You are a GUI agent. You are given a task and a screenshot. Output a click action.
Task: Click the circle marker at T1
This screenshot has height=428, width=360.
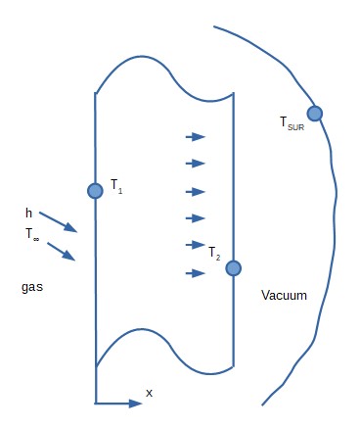pyautogui.click(x=95, y=191)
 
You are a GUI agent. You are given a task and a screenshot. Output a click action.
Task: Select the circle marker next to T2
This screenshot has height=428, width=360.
pyautogui.click(x=233, y=267)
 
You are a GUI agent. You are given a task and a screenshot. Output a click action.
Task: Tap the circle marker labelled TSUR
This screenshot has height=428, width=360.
pyautogui.click(x=315, y=113)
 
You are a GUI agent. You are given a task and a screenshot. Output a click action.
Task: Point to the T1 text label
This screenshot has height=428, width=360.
pyautogui.click(x=116, y=189)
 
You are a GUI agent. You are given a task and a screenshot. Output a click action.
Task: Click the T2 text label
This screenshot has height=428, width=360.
pyautogui.click(x=214, y=255)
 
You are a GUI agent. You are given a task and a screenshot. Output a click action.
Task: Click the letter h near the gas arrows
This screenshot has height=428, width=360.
pyautogui.click(x=29, y=213)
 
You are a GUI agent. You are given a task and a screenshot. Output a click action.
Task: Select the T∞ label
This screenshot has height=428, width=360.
pyautogui.click(x=33, y=234)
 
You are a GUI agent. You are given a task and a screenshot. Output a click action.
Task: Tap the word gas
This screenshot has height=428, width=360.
pyautogui.click(x=32, y=288)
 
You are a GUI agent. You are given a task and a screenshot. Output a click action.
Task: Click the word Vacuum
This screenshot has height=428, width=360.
pyautogui.click(x=284, y=295)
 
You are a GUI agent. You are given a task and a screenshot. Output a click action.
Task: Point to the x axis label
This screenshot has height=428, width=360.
pyautogui.click(x=149, y=392)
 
